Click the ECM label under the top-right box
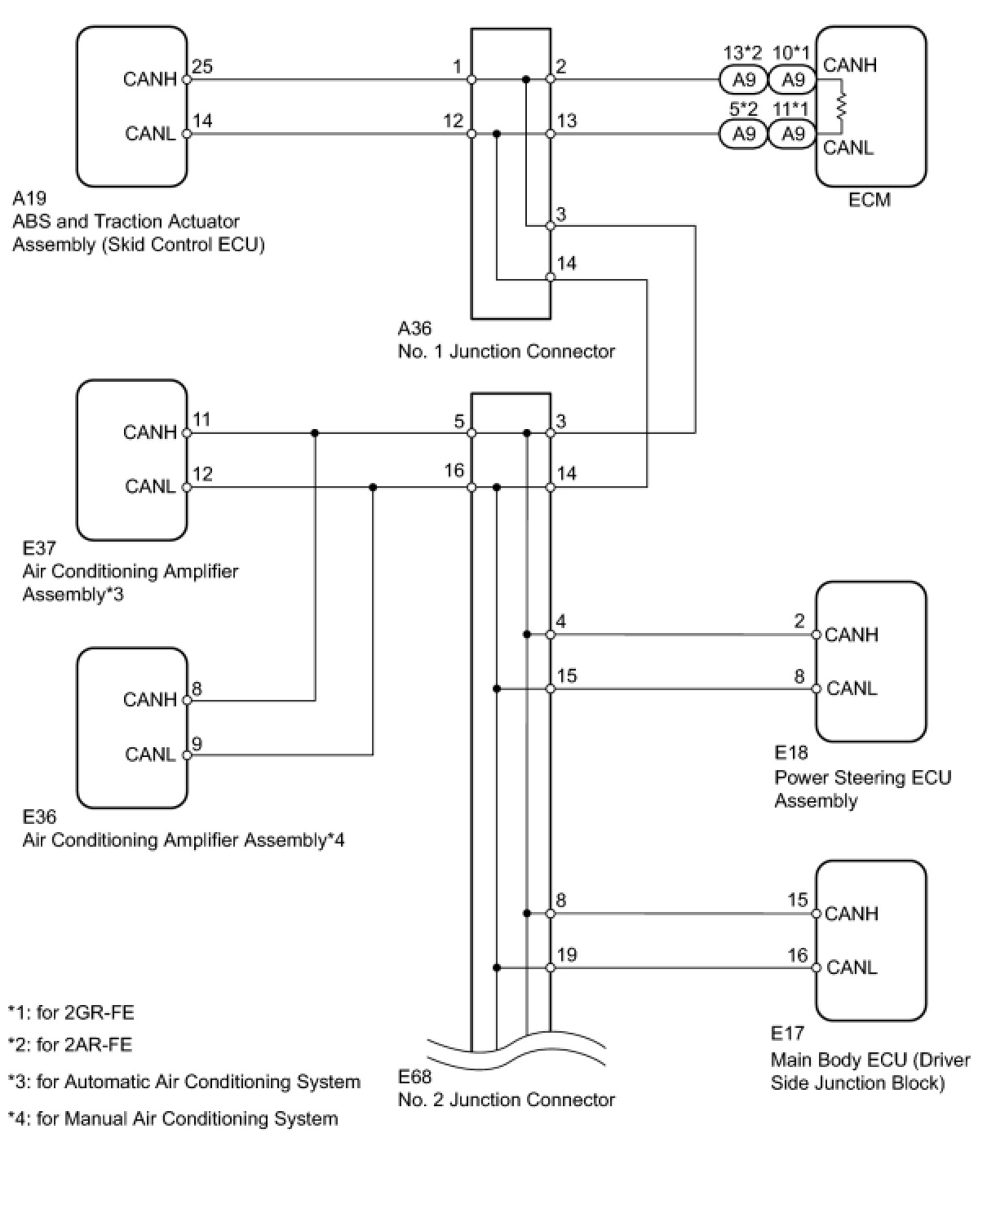pyautogui.click(x=869, y=200)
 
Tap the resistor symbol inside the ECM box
pyautogui.click(x=842, y=106)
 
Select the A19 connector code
pyautogui.click(x=29, y=198)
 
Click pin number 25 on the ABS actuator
pyautogui.click(x=202, y=67)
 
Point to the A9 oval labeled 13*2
pyautogui.click(x=743, y=80)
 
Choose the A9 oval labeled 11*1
pyautogui.click(x=793, y=134)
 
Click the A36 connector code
pyautogui.click(x=414, y=329)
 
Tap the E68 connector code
pyautogui.click(x=414, y=1077)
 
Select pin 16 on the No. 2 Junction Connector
pyautogui.click(x=454, y=471)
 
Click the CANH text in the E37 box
pyautogui.click(x=150, y=432)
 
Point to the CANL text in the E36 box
pyautogui.click(x=150, y=754)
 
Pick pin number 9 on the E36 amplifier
pyautogui.click(x=197, y=743)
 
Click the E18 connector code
pyautogui.click(x=790, y=753)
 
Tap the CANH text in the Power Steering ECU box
pyautogui.click(x=852, y=635)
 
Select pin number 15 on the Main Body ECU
pyautogui.click(x=797, y=900)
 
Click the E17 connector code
pyautogui.click(x=787, y=1034)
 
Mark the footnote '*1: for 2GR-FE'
pyautogui.click(x=71, y=1013)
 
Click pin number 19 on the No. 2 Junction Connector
pyautogui.click(x=566, y=955)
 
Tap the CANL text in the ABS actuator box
pyautogui.click(x=150, y=134)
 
